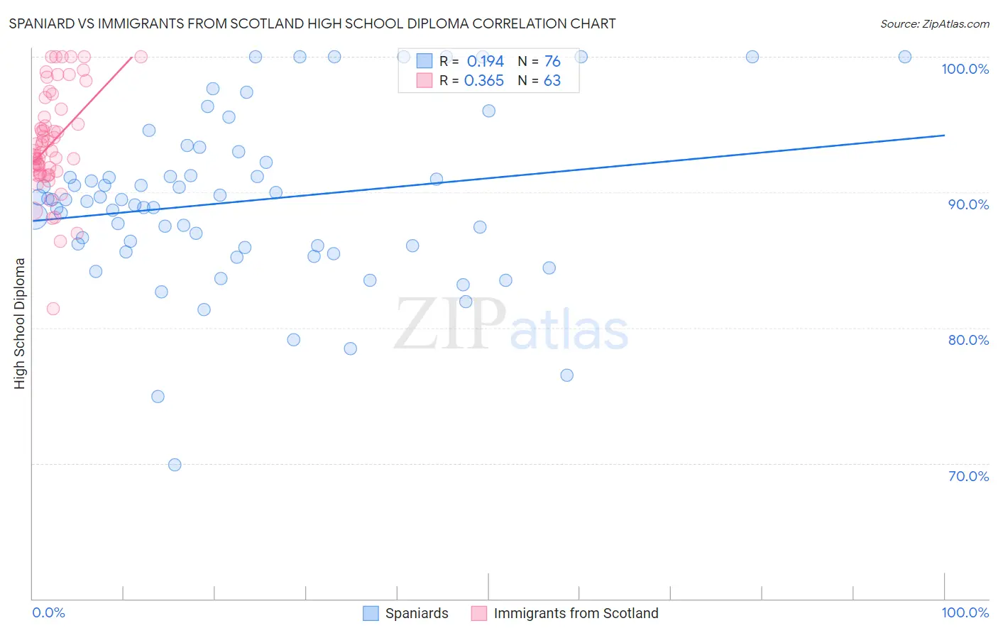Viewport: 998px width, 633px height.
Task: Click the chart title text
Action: pyautogui.click(x=312, y=23)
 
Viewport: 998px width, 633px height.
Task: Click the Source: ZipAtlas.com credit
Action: pyautogui.click(x=934, y=23)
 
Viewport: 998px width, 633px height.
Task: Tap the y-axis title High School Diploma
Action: pyautogui.click(x=20, y=323)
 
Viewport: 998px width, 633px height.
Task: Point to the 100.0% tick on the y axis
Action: pyautogui.click(x=965, y=69)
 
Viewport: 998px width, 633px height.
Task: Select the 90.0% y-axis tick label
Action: pyautogui.click(x=968, y=204)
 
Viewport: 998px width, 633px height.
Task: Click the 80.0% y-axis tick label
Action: pyautogui.click(x=968, y=340)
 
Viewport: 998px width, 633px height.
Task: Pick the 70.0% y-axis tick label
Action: pyautogui.click(x=968, y=476)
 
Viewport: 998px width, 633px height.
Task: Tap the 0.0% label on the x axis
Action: pyautogui.click(x=48, y=612)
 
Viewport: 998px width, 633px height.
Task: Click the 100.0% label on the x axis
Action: pyautogui.click(x=965, y=612)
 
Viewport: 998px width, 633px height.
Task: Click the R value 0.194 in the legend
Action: pyautogui.click(x=485, y=62)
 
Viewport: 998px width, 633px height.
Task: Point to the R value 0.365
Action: pyautogui.click(x=483, y=81)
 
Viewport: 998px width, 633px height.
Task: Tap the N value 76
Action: pyautogui.click(x=552, y=62)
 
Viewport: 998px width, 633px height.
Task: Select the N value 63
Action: pyautogui.click(x=552, y=81)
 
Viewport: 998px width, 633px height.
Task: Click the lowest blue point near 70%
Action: pyautogui.click(x=175, y=465)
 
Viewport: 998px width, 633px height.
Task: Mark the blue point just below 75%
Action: pyautogui.click(x=158, y=397)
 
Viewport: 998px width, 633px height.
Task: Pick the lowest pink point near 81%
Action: pyautogui.click(x=53, y=309)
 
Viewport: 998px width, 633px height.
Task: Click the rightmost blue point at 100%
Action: pyautogui.click(x=905, y=57)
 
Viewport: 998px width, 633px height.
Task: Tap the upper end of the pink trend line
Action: pyautogui.click(x=132, y=57)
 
